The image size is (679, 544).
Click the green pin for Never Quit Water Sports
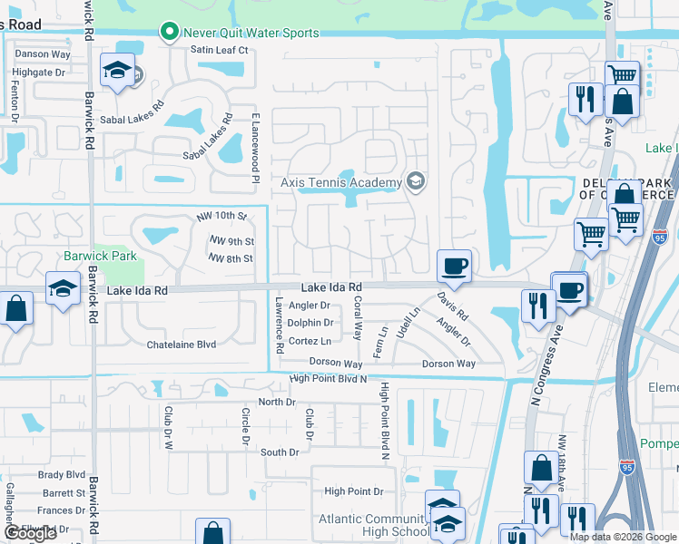(x=169, y=33)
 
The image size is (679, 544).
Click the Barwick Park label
(x=100, y=256)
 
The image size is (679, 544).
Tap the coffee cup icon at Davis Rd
(x=454, y=267)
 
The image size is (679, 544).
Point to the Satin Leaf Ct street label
(x=219, y=50)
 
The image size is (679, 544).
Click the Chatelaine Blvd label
(x=182, y=345)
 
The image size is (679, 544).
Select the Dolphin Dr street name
(x=310, y=322)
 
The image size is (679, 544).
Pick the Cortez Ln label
(x=310, y=341)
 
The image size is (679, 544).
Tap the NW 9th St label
(x=231, y=241)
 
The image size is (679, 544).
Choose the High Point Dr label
(x=354, y=491)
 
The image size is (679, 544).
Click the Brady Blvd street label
(x=62, y=474)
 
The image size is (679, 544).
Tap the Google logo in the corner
(x=30, y=533)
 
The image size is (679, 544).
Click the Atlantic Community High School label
(x=372, y=526)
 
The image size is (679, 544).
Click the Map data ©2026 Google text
(x=623, y=537)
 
